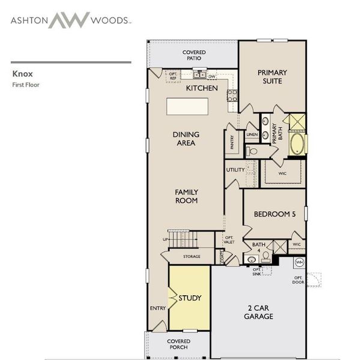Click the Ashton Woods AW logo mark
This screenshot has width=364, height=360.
pyautogui.click(x=68, y=20)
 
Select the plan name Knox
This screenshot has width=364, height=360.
pyautogui.click(x=22, y=74)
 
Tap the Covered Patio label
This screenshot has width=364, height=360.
pyautogui.click(x=194, y=56)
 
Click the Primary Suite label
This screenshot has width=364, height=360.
pyautogui.click(x=272, y=76)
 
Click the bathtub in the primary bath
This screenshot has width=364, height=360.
pyautogui.click(x=297, y=145)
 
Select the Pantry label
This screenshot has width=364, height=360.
pyautogui.click(x=232, y=142)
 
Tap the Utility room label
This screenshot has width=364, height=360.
pyautogui.click(x=235, y=170)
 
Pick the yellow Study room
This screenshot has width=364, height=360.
pyautogui.click(x=189, y=298)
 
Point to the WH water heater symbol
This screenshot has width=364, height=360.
pyautogui.click(x=299, y=262)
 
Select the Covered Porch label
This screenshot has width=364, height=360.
pyautogui.click(x=178, y=344)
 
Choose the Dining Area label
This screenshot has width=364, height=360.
pyautogui.click(x=186, y=139)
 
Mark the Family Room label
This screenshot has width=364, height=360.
pyautogui.click(x=186, y=196)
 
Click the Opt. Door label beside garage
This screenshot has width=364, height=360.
pyautogui.click(x=298, y=280)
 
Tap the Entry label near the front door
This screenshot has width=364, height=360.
pyautogui.click(x=157, y=308)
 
